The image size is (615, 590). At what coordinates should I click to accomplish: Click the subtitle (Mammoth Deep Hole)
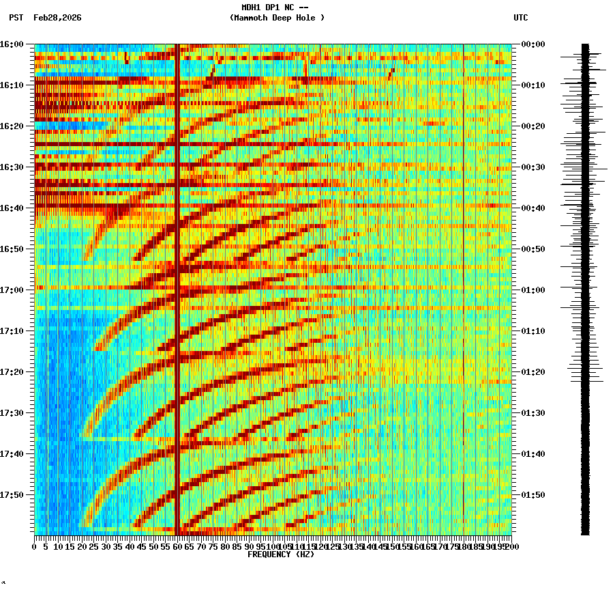[277, 18]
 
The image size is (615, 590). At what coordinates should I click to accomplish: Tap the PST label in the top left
[16, 18]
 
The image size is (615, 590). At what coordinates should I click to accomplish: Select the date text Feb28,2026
[57, 18]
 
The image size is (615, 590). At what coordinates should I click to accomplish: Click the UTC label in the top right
[521, 18]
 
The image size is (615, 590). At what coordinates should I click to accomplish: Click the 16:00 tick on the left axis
[12, 44]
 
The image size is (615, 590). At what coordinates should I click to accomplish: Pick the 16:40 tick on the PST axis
[12, 208]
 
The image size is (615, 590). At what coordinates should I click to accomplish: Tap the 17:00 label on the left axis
[12, 290]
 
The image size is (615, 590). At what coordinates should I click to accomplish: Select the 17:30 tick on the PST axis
[12, 413]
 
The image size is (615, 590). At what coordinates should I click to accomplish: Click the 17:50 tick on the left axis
[12, 495]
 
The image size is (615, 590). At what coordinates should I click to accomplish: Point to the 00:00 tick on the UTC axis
[532, 44]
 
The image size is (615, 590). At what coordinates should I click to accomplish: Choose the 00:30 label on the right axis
[532, 167]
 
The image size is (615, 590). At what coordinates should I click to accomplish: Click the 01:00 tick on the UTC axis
[532, 290]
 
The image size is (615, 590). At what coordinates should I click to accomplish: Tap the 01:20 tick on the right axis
[532, 372]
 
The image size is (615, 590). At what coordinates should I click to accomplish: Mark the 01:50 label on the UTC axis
[532, 495]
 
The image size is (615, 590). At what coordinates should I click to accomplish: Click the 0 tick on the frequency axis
[35, 547]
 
